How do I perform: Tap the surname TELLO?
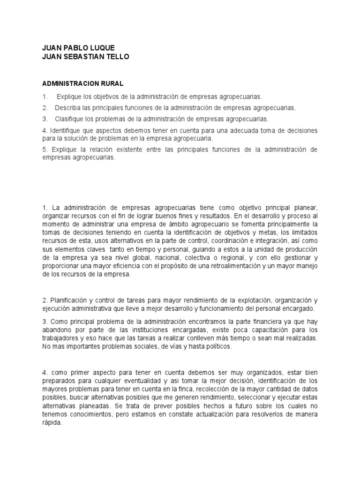(x=116, y=57)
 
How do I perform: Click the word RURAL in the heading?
(x=112, y=83)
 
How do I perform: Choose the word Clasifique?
(x=70, y=119)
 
